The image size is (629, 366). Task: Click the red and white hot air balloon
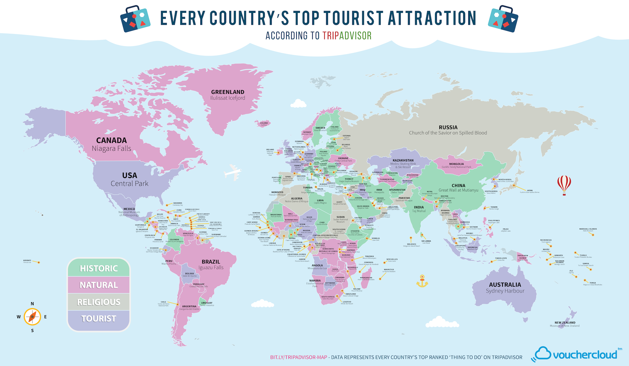[564, 184]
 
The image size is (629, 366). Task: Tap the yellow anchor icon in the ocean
[422, 281]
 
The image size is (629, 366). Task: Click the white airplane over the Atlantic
[233, 172]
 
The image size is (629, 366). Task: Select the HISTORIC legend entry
[99, 268]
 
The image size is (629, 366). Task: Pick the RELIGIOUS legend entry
[99, 302]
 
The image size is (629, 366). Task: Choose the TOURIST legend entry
[99, 318]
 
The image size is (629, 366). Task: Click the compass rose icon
[32, 317]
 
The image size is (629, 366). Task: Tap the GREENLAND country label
[228, 92]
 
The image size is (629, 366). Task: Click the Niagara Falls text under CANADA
[111, 149]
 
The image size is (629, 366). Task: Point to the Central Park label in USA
[129, 183]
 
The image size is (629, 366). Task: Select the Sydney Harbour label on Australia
[505, 291]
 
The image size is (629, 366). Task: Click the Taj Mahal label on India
[419, 211]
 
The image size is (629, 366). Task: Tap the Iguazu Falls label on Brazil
[211, 267]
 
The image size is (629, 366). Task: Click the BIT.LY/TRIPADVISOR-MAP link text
[298, 357]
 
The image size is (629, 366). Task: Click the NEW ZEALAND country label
[565, 323]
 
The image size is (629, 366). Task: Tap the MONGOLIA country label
[456, 164]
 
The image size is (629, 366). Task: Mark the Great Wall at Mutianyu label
[458, 190]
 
